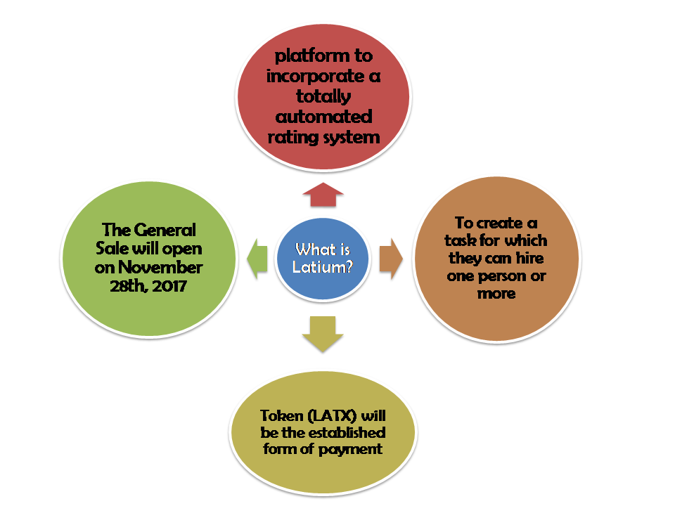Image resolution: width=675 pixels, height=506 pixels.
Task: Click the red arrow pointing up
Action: (x=323, y=195)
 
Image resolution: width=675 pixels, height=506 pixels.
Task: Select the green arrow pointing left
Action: (x=257, y=259)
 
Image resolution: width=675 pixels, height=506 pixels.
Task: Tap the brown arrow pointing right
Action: (x=391, y=259)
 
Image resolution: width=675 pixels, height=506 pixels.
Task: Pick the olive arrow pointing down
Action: (x=323, y=335)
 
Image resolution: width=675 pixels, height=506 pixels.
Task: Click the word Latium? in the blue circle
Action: (x=323, y=267)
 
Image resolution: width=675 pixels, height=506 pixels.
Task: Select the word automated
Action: (x=323, y=117)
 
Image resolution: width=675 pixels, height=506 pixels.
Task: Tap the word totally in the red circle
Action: (x=323, y=96)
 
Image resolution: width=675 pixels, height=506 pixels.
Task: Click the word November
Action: (x=160, y=268)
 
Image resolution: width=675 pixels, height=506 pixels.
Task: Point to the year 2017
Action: (x=169, y=286)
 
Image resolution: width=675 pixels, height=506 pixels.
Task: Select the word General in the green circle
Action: (x=165, y=231)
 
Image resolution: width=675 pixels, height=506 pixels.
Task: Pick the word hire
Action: (x=530, y=258)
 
